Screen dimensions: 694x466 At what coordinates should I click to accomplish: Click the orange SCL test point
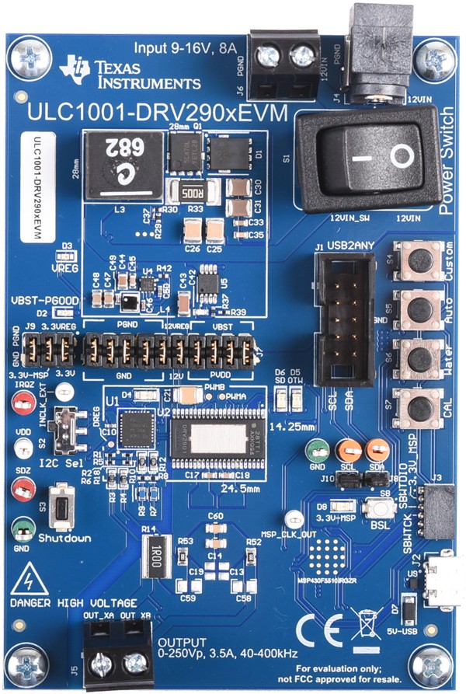tap(349, 449)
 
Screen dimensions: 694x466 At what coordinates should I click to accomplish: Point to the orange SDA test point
tap(377, 449)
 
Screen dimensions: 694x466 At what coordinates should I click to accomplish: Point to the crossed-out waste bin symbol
tap(365, 624)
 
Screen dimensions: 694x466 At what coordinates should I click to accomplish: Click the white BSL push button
tap(381, 508)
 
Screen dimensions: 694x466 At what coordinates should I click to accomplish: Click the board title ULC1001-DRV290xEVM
tap(155, 113)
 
